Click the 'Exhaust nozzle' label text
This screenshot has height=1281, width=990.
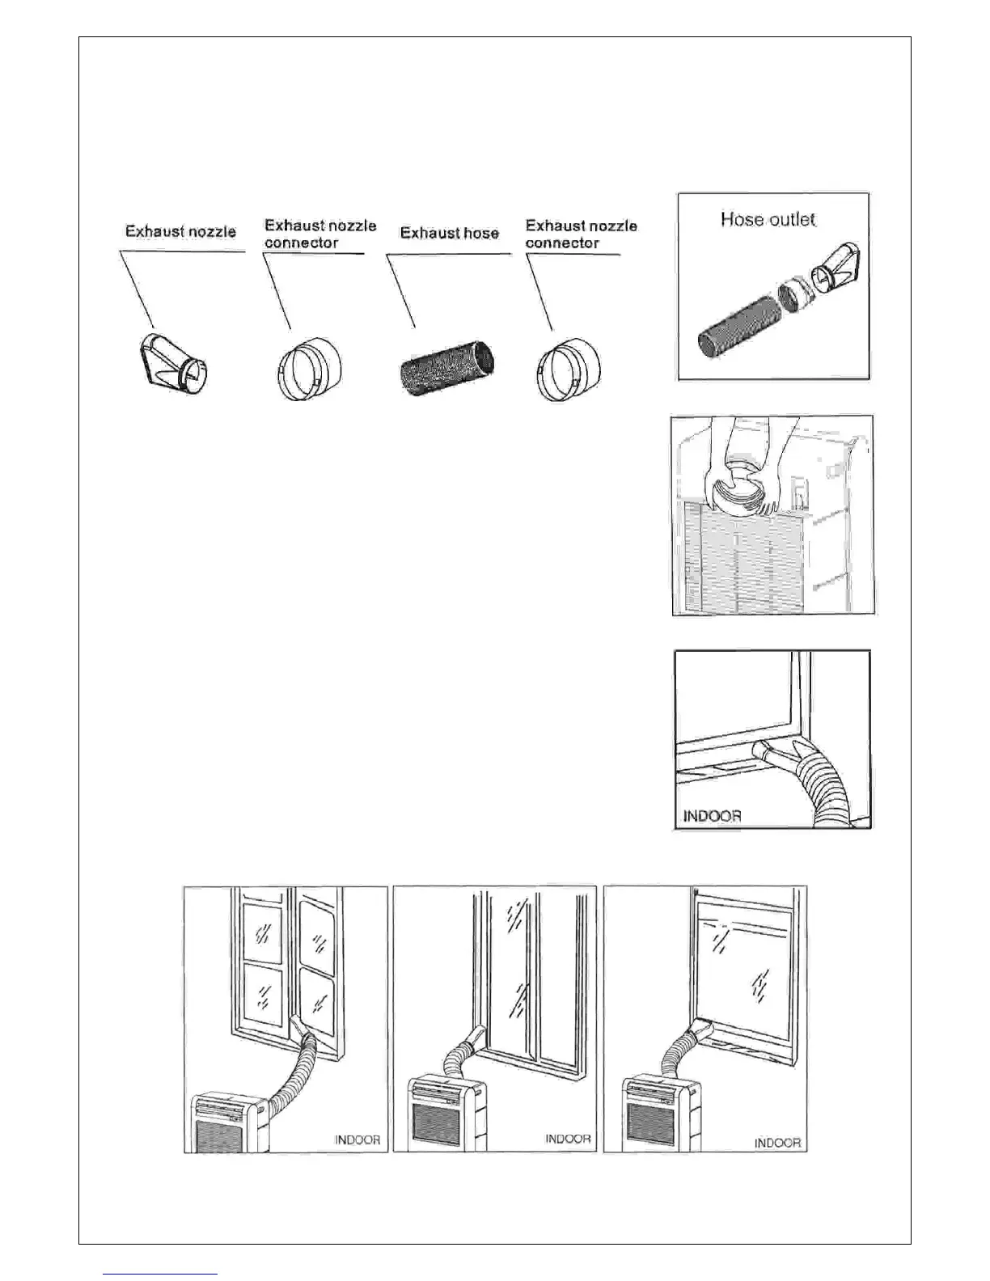pos(180,231)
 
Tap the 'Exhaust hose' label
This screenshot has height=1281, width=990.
pos(450,233)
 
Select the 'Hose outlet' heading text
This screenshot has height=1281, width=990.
pos(768,219)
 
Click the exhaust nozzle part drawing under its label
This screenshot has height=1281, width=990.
pos(172,363)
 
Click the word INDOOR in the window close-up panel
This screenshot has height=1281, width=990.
pos(712,815)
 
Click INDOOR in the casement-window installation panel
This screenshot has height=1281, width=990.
pos(357,1140)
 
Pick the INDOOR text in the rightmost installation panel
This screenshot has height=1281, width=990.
pos(777,1143)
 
